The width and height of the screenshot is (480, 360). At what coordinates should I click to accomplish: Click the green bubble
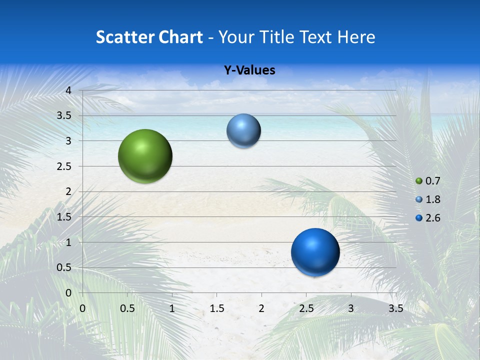[145, 156]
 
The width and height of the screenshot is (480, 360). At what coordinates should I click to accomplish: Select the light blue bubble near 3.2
[243, 131]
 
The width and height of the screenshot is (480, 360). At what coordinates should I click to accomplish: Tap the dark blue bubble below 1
[315, 252]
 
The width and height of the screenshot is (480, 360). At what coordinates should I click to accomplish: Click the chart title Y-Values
[249, 70]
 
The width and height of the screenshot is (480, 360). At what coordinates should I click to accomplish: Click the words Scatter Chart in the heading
[149, 37]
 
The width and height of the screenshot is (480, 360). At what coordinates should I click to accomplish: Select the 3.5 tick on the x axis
[395, 308]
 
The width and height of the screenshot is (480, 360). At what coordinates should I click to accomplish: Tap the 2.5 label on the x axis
[306, 308]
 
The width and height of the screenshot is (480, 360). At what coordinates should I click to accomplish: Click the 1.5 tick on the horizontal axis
[216, 308]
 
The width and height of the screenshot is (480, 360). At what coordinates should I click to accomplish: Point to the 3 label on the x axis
[351, 308]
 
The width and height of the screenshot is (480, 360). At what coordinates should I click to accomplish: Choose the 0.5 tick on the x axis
[127, 308]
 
